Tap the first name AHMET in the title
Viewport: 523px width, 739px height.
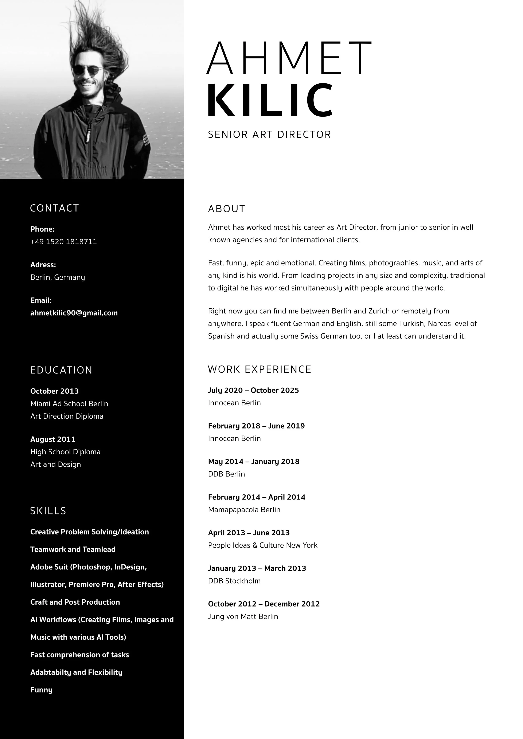click(x=289, y=58)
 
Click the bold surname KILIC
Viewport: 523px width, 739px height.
click(x=270, y=100)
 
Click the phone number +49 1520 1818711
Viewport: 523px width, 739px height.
click(x=63, y=242)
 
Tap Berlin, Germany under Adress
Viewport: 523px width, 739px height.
click(x=58, y=277)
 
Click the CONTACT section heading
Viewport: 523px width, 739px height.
click(x=54, y=208)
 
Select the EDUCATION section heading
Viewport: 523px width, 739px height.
click(x=61, y=370)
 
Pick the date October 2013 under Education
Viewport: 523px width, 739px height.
click(x=54, y=391)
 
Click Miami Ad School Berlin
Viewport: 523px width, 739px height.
click(x=69, y=404)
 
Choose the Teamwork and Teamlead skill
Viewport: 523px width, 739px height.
click(x=73, y=549)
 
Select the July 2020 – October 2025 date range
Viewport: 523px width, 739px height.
click(x=253, y=390)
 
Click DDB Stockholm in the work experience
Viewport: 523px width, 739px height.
click(x=234, y=581)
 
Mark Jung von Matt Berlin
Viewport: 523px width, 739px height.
click(x=243, y=616)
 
